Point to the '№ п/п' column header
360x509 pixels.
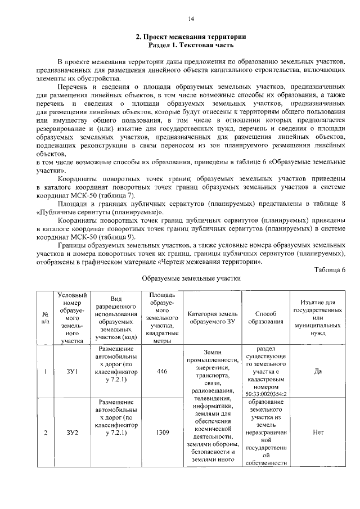coord(45,318)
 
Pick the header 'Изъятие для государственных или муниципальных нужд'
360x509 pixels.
coord(318,317)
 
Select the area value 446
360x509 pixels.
coord(162,371)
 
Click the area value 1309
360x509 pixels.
coord(162,432)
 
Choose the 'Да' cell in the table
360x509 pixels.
coord(318,371)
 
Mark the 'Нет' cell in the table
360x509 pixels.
coord(318,432)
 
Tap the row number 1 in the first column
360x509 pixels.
coord(45,371)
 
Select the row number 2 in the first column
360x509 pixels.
coord(45,432)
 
